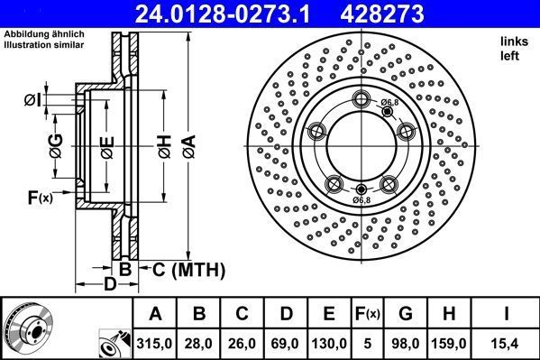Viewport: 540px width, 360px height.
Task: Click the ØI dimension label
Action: (32, 98)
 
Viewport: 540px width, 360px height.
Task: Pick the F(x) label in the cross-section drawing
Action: (40, 198)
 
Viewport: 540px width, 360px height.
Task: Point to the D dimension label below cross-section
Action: (108, 286)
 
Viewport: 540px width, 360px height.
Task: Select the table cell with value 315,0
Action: (155, 343)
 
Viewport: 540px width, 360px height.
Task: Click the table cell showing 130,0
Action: (329, 343)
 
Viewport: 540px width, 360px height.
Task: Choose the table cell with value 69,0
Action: (286, 343)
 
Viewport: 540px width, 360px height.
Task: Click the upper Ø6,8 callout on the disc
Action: (389, 104)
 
